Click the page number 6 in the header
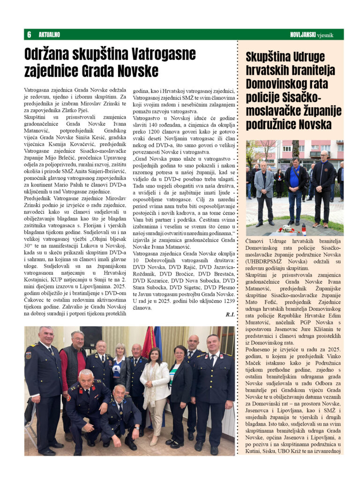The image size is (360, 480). click(29, 35)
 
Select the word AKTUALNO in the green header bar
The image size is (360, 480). click(49, 35)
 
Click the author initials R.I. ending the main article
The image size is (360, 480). click(230, 315)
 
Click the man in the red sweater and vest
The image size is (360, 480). click(73, 370)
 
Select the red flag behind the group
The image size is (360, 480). click(149, 342)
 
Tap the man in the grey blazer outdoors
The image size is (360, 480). click(264, 190)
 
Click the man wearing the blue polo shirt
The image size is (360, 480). click(296, 187)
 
